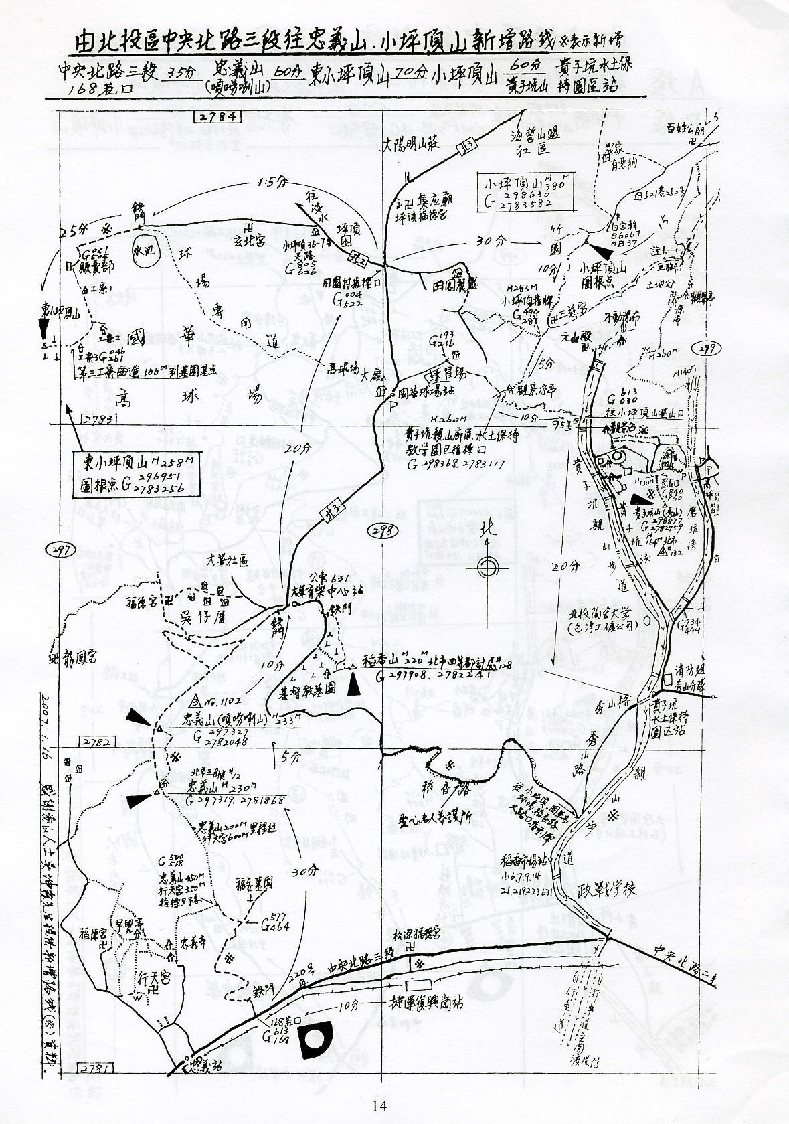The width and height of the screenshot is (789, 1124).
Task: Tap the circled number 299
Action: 708,348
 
